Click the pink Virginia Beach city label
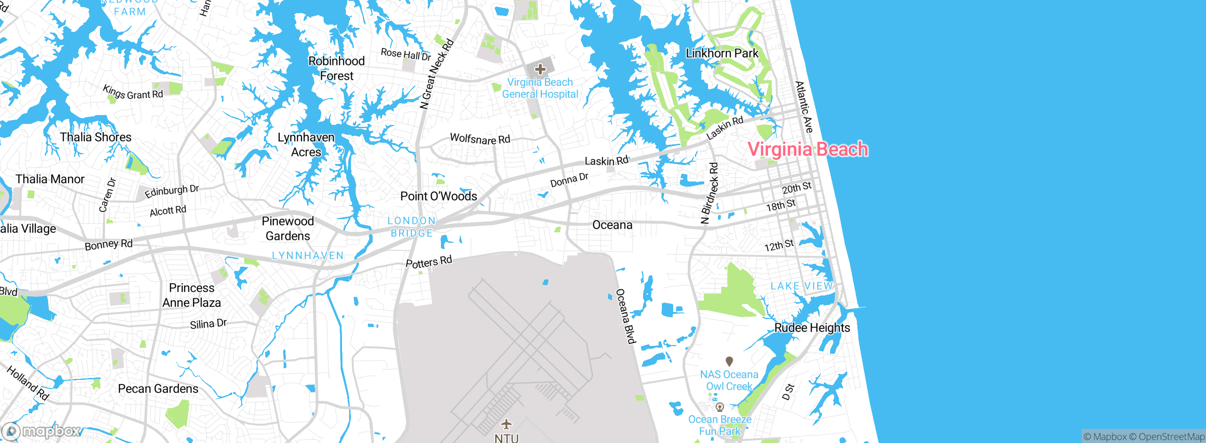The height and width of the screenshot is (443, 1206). (807, 149)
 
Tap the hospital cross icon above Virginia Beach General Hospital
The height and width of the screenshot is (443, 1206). (540, 70)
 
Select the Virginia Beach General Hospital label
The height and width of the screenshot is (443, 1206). (540, 88)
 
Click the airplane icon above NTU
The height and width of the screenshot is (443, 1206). (506, 424)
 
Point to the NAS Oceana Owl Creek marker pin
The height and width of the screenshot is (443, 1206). (729, 361)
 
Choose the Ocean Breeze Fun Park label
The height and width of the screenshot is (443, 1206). (720, 425)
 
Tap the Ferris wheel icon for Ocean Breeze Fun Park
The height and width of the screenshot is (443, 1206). (719, 407)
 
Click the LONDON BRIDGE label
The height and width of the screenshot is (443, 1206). (412, 227)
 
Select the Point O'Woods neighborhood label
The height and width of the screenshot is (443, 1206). (439, 196)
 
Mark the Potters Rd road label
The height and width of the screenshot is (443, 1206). (429, 262)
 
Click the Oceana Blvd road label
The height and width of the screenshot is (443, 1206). (626, 316)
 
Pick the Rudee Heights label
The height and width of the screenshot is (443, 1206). (812, 328)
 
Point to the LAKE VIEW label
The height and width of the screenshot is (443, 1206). (802, 286)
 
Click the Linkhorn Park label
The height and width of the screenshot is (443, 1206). (722, 53)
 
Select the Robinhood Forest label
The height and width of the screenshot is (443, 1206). (336, 68)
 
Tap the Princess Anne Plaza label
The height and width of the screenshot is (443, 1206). (192, 295)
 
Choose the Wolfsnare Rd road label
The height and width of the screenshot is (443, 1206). (480, 139)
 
